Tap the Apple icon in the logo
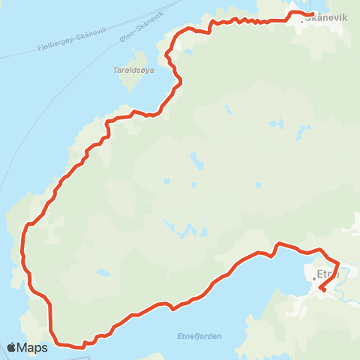pyautogui.click(x=11, y=347)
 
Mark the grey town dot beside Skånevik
pyautogui.click(x=302, y=22)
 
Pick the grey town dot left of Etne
pyautogui.click(x=314, y=278)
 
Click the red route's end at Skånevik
pyautogui.click(x=311, y=14)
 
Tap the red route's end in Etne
pyautogui.click(x=321, y=287)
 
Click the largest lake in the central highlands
pyautogui.click(x=198, y=161)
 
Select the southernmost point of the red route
pyautogui.click(x=82, y=347)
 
